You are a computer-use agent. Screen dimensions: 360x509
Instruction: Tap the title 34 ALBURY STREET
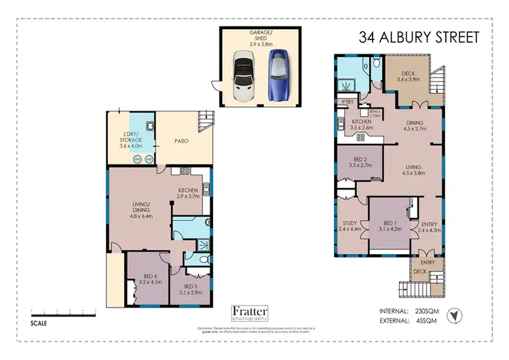pos(419,37)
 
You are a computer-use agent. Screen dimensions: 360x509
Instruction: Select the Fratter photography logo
pos(250,312)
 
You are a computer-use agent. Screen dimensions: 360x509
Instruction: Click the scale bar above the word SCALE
pos(61,313)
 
